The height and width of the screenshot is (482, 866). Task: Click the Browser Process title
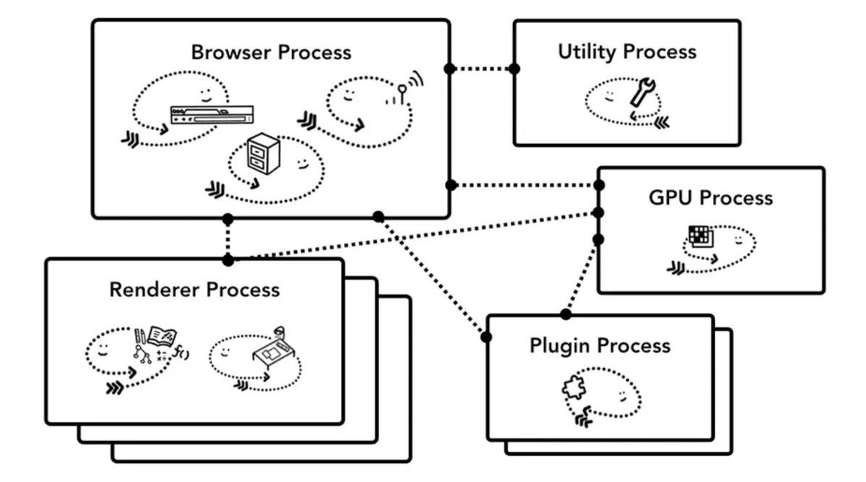tap(271, 53)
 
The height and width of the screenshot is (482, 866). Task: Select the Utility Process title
tap(627, 52)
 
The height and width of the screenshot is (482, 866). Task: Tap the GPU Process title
tap(711, 198)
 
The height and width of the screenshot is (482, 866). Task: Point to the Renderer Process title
tap(194, 290)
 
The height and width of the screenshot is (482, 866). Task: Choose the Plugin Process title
tap(600, 345)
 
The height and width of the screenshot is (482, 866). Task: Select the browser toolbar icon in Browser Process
tap(212, 115)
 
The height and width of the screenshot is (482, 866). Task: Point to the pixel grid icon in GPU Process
tap(700, 237)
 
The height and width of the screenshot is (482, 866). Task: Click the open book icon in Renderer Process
tap(163, 336)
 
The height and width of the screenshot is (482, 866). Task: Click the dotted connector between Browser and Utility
tap(482, 69)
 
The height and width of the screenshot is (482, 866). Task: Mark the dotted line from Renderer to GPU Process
tap(412, 236)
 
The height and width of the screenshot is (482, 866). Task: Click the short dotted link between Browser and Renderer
tap(228, 238)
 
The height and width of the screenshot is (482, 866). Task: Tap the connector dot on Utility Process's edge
tap(514, 69)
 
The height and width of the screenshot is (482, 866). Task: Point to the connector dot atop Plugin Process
tap(566, 314)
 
